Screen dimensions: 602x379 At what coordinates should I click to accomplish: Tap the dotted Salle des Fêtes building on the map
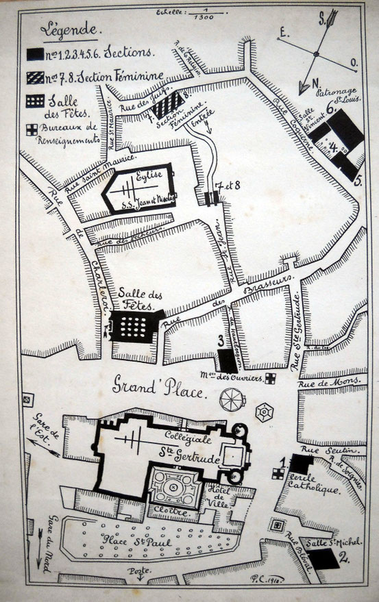point(134,326)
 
